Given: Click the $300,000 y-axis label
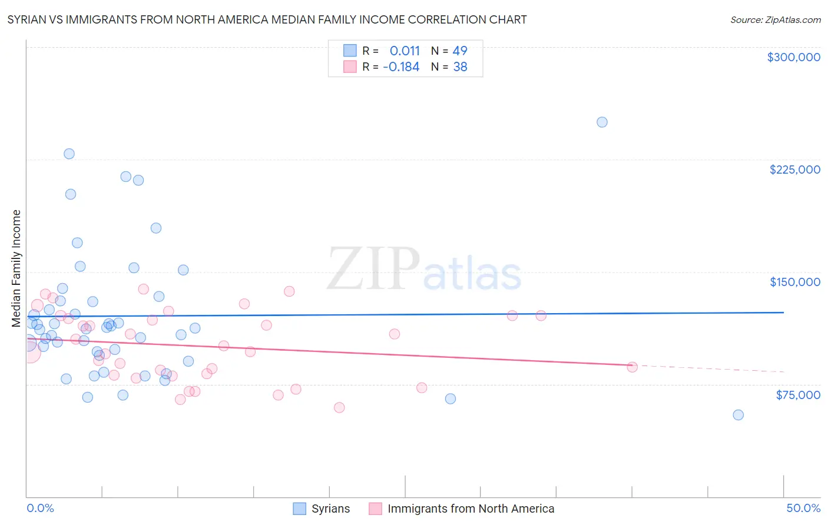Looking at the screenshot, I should (793, 57).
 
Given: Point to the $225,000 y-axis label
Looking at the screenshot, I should (794, 170).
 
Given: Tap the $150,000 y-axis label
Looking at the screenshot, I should (794, 282).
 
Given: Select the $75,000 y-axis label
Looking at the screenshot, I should (797, 394).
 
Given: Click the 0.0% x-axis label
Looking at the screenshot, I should (40, 508).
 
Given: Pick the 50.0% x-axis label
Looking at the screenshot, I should (803, 508).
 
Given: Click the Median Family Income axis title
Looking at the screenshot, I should (16, 268).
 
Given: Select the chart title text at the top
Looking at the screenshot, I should (267, 19).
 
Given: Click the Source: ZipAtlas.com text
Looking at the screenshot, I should (775, 19).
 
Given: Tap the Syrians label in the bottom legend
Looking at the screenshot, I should (330, 509).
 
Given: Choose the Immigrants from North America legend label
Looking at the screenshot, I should (471, 509).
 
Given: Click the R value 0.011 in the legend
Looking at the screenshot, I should (405, 51).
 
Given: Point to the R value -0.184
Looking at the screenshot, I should (401, 67).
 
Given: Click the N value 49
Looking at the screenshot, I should (460, 51).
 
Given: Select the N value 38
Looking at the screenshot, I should (460, 67).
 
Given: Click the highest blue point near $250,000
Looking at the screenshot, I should (602, 122).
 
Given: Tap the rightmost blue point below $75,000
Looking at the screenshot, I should (738, 415).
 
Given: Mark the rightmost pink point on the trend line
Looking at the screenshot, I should (632, 367).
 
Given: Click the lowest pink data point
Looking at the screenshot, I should (339, 408).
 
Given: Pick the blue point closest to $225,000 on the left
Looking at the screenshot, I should (69, 154).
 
